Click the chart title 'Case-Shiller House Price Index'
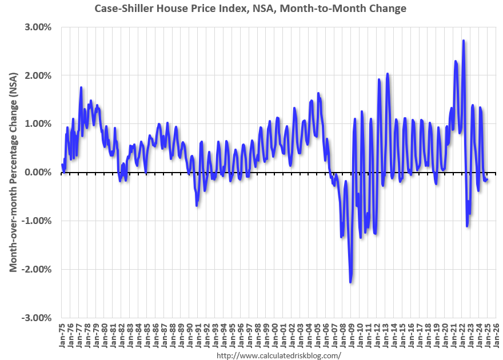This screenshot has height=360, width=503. coord(251,9)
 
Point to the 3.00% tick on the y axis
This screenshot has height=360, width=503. coord(36,27)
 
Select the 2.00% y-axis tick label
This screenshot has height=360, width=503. coord(36,75)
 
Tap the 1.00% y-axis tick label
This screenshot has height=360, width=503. coord(36,124)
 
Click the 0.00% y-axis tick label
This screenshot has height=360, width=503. coord(36,173)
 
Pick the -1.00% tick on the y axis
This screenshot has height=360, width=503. coord(35,221)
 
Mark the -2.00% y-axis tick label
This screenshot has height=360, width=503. coord(35,269)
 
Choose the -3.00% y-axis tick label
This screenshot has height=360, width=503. coord(35,318)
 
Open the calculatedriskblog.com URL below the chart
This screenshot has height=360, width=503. coord(279,355)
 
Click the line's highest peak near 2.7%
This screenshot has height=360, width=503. coord(463,41)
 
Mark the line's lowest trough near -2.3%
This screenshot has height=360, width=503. coord(350,282)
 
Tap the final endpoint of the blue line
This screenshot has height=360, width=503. coord(488,180)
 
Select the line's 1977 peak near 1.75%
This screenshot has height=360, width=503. coord(81,87)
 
